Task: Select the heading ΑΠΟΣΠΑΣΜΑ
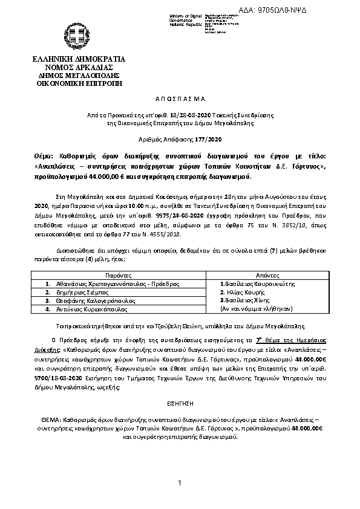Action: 180,97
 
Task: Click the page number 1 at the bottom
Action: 180,482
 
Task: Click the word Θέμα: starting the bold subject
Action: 45,155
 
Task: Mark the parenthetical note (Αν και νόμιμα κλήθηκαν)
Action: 257,308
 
